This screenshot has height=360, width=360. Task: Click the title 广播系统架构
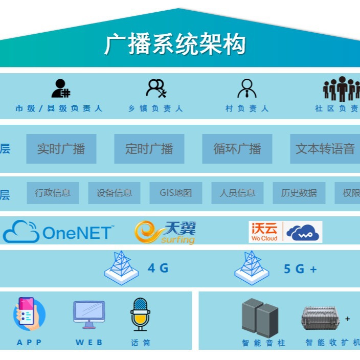[175, 44]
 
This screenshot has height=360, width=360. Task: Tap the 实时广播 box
[61, 149]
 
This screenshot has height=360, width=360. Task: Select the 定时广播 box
[149, 149]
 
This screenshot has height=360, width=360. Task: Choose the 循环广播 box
[237, 149]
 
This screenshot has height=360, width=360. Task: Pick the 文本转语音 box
[325, 149]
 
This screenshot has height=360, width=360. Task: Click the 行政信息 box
[53, 193]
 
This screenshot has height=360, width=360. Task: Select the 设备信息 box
[114, 193]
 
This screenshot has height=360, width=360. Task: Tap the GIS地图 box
[176, 193]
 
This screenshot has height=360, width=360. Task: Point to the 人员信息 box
[237, 193]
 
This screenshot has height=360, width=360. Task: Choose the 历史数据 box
[299, 193]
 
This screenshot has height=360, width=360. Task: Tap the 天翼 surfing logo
[165, 232]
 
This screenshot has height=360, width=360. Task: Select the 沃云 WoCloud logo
[285, 232]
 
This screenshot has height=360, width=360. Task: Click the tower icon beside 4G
[121, 267]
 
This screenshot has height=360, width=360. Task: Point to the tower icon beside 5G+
[252, 267]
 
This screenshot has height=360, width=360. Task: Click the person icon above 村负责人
[247, 88]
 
